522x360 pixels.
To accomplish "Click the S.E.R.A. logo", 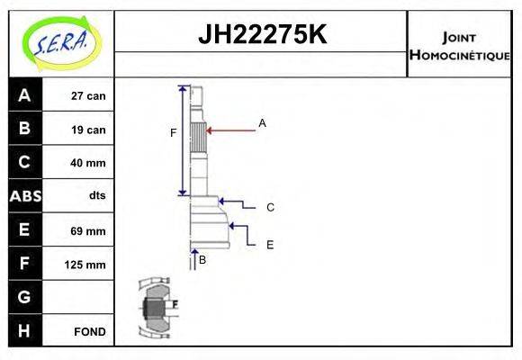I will (x=60, y=43).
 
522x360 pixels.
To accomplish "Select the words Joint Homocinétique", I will (x=459, y=46).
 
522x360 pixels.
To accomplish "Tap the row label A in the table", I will (x=24, y=94).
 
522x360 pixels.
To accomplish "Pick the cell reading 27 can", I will (x=88, y=95).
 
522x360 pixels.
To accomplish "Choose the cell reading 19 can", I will (x=88, y=130).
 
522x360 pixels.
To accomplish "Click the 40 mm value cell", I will (x=88, y=163).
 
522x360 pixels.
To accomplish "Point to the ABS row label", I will (x=24, y=196).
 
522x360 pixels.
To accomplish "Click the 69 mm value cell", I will (x=88, y=230).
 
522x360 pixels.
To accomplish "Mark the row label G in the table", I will (x=24, y=297).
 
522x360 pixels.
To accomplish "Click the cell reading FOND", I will (x=90, y=331).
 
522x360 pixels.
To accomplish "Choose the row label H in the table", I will (x=24, y=330).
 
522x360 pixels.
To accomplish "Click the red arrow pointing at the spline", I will (x=231, y=130).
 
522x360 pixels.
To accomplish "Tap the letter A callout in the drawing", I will (x=262, y=122).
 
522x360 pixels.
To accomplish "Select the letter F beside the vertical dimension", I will (x=173, y=133).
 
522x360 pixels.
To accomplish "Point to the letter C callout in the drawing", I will (x=270, y=207).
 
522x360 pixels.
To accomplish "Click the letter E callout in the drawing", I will (x=269, y=244).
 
